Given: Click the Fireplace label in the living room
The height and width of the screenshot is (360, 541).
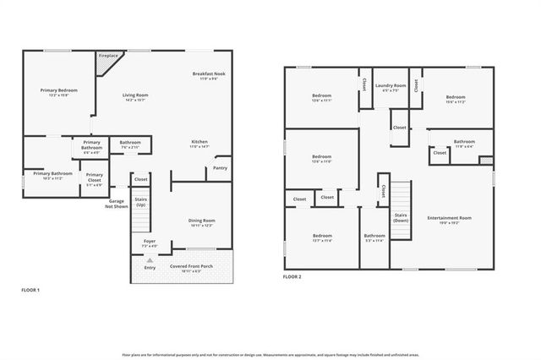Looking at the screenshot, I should (108, 57).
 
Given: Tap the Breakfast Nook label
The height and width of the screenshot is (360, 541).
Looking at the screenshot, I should (207, 74).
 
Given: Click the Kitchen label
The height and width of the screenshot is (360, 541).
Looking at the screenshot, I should (199, 141).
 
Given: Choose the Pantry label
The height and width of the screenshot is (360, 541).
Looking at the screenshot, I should (220, 167).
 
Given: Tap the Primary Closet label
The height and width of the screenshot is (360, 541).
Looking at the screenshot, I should (95, 177).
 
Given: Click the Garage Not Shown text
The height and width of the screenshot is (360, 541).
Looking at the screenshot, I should (117, 203).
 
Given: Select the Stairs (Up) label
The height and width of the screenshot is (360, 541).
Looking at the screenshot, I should (140, 203).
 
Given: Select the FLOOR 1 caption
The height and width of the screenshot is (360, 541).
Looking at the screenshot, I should (31, 290).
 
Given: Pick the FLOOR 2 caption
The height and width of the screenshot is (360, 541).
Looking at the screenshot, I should (292, 276).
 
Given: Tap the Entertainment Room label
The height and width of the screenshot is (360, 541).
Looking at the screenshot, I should (449, 218).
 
